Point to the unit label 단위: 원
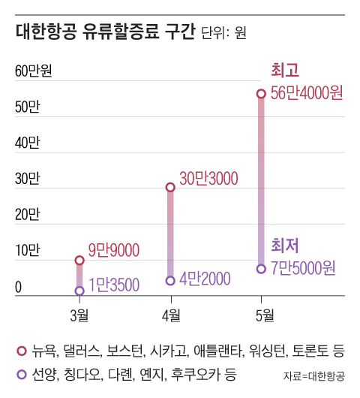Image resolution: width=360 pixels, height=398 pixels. click(x=224, y=35)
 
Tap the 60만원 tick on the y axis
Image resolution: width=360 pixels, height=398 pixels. click(x=33, y=71)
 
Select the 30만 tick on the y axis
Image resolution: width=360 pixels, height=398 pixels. click(x=27, y=179)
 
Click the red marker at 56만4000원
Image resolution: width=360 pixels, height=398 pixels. click(x=261, y=93)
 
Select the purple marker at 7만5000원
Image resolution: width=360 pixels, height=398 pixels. click(x=261, y=268)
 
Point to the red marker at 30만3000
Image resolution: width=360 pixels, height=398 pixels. click(x=170, y=186)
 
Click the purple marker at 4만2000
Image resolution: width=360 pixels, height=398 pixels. click(x=170, y=280)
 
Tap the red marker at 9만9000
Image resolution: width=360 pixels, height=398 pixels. click(x=79, y=260)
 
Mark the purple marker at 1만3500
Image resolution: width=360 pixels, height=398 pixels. click(x=79, y=291)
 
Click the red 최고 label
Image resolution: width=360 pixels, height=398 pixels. click(x=284, y=71)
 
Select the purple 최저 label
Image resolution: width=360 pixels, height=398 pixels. click(x=285, y=245)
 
